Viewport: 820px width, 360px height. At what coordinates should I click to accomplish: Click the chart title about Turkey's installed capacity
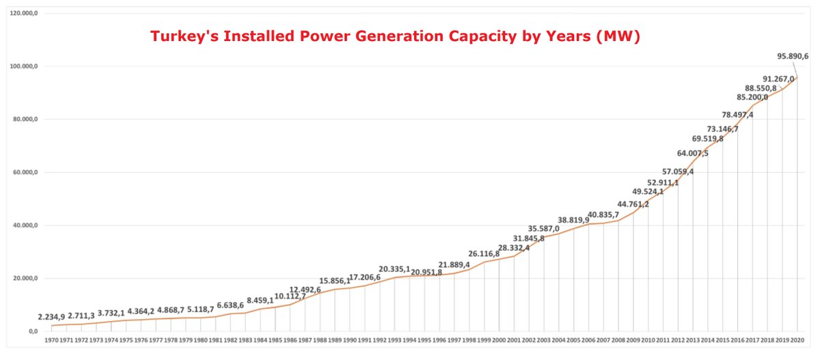pos(395,36)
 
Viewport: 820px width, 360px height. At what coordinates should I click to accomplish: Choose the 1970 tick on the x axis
pos(51,340)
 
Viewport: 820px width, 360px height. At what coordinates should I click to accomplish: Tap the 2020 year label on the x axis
pos(796,340)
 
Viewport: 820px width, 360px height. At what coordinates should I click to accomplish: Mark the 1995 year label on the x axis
pos(424,340)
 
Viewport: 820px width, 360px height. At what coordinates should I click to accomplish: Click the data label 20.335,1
pos(395,268)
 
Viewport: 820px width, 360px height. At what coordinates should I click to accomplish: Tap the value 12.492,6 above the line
pos(305,290)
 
